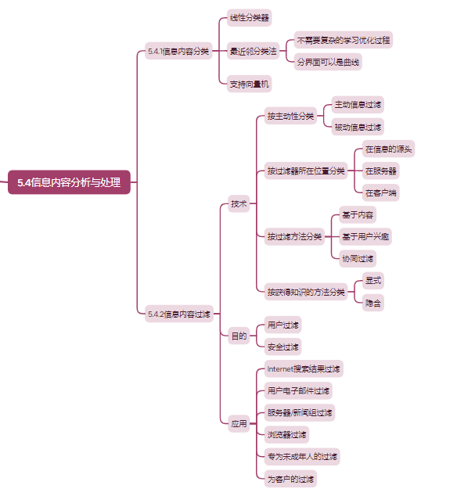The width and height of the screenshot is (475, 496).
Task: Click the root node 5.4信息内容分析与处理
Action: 69,182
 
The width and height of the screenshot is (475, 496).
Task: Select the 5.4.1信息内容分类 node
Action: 178,52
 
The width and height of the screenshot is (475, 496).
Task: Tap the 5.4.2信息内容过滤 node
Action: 178,314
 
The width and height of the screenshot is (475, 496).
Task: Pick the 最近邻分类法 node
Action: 253,52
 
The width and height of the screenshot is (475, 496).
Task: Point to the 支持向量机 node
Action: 250,84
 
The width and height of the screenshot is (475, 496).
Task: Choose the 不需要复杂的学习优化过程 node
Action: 343,39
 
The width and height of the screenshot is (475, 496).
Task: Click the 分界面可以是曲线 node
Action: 329,62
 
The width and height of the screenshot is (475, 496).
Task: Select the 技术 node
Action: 239,204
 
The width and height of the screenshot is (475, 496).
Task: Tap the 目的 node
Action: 239,336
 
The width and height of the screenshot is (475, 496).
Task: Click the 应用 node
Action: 239,425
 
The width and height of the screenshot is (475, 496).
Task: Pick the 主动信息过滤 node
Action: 358,104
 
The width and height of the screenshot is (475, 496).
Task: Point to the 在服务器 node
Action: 380,171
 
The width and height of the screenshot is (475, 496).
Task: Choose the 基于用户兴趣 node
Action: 365,236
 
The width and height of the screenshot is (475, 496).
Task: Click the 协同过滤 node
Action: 358,258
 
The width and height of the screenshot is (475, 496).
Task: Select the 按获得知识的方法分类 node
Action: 305,292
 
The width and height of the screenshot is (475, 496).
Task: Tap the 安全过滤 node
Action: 282,347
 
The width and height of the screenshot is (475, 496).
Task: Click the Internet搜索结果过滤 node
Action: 303,368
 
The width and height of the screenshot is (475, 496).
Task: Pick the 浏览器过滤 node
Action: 286,434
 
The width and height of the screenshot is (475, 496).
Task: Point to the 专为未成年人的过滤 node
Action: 302,456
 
